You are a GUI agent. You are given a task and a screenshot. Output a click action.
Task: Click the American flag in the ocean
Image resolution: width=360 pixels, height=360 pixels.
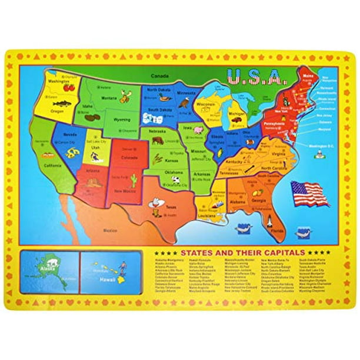[x=310, y=194]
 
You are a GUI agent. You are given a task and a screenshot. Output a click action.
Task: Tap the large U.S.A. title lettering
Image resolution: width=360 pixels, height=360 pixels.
[x=255, y=93]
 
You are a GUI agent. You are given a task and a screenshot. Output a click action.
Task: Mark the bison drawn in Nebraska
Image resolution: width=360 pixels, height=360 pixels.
[x=158, y=141]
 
